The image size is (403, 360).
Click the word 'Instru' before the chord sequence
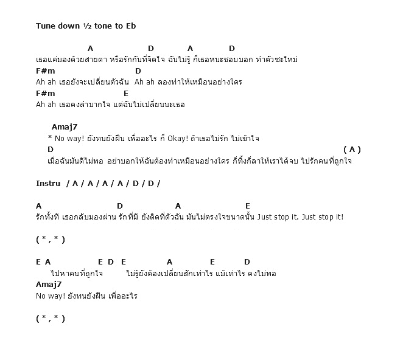pyautogui.click(x=48, y=183)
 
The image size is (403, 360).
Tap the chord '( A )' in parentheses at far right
pyautogui.click(x=352, y=149)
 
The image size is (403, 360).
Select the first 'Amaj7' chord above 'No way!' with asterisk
pyautogui.click(x=65, y=127)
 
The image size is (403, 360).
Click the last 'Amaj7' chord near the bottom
pyautogui.click(x=49, y=284)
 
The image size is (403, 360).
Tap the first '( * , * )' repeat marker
pyautogui.click(x=51, y=239)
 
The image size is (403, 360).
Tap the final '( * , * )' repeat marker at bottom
pyautogui.click(x=51, y=318)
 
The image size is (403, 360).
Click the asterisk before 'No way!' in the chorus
pyautogui.click(x=49, y=138)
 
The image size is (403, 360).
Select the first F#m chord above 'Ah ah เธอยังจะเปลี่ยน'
pyautogui.click(x=46, y=71)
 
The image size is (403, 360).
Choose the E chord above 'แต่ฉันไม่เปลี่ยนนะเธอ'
pyautogui.click(x=126, y=93)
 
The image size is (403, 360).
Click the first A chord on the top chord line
pyautogui.click(x=90, y=48)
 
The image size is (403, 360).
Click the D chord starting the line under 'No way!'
pyautogui.click(x=51, y=149)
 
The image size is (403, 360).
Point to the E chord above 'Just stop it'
pyautogui.click(x=248, y=206)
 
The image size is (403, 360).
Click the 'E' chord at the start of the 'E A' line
pyautogui.click(x=38, y=261)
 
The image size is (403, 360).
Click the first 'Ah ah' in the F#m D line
pyautogui.click(x=46, y=81)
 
